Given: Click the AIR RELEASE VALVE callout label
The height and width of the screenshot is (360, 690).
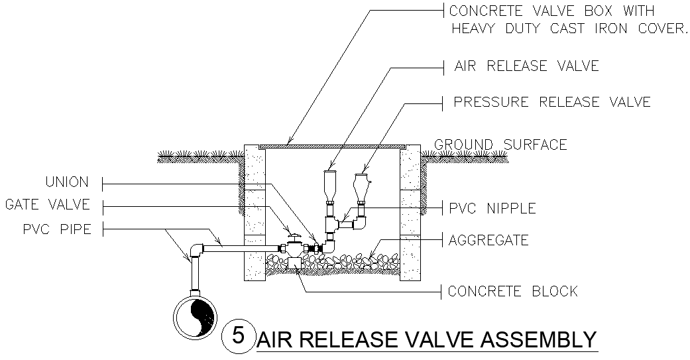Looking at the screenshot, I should (526, 66).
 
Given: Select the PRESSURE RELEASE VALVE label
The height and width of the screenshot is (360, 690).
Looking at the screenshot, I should (551, 102).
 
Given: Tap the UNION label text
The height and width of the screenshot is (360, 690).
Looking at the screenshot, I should (66, 182).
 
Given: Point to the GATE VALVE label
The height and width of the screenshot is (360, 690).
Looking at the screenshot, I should (48, 206).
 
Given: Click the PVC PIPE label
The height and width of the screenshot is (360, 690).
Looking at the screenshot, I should (56, 229).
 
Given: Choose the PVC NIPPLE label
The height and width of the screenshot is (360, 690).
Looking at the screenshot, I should (492, 208).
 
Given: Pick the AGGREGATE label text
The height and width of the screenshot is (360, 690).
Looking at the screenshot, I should (489, 240).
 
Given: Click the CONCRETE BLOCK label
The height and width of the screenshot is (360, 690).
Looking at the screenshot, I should (512, 291).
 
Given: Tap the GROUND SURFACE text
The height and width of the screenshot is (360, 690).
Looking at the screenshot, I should (500, 145).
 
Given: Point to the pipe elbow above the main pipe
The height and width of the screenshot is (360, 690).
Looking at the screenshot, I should (196, 251).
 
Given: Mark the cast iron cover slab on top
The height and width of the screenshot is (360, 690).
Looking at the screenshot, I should (331, 144).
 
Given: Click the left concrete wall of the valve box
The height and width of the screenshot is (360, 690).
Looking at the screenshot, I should (255, 212).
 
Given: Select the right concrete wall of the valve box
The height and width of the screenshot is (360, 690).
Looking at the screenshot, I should (409, 212).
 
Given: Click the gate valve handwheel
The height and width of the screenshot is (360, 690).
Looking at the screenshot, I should (292, 236).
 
